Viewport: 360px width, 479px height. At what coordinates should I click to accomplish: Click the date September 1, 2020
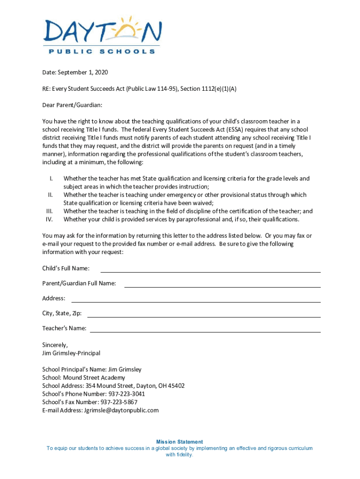click(83, 73)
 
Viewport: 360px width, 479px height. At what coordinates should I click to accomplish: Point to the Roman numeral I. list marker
click(51, 179)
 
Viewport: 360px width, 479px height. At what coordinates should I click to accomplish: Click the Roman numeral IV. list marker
click(50, 219)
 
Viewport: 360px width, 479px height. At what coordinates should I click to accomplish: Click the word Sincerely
click(55, 345)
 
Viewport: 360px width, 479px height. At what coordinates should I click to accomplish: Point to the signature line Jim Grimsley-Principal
click(71, 353)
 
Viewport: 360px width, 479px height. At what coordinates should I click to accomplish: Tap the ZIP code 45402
click(176, 386)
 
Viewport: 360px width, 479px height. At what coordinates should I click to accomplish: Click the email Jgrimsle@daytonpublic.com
click(121, 410)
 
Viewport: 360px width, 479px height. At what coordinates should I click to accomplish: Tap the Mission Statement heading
click(180, 442)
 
